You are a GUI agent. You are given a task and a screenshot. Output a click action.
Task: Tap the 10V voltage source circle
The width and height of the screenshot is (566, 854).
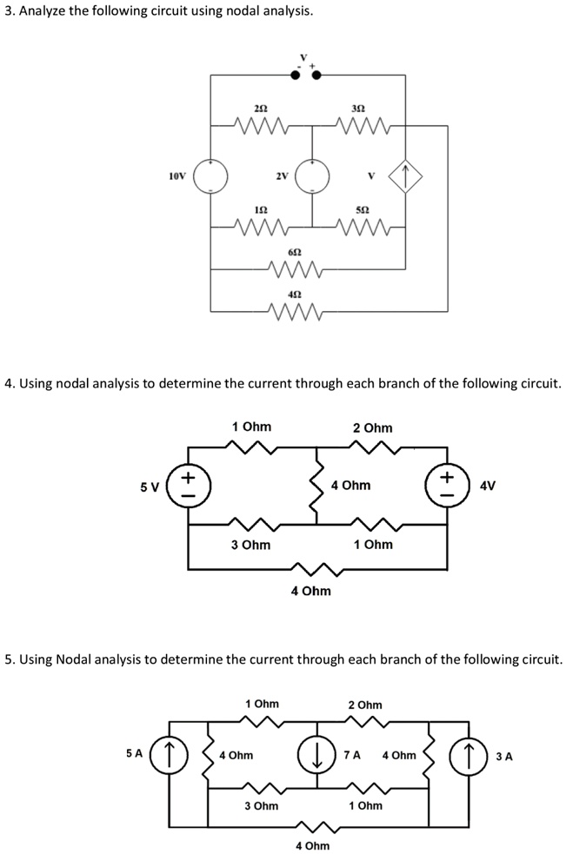(x=210, y=176)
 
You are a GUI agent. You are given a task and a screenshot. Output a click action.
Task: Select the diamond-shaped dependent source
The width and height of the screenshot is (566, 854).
(x=405, y=177)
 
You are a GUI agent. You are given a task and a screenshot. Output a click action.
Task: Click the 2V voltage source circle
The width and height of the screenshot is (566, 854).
(x=311, y=176)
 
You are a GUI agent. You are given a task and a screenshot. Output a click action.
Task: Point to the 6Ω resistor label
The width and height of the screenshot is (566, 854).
(x=295, y=250)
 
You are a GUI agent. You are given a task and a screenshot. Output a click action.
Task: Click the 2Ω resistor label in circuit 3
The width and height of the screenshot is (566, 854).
(x=260, y=108)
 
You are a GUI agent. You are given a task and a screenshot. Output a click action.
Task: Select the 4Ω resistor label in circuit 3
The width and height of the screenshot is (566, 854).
(x=295, y=293)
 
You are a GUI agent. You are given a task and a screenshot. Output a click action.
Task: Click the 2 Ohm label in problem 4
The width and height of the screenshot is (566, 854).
(x=372, y=427)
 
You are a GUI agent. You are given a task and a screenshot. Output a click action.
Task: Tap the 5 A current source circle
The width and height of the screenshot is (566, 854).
(x=170, y=755)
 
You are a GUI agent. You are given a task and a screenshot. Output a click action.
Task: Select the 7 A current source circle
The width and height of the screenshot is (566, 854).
(x=316, y=755)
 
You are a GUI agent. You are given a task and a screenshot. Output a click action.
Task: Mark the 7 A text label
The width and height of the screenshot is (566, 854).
(x=352, y=755)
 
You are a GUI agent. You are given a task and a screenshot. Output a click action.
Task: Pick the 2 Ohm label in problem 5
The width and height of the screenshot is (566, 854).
(x=364, y=705)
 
